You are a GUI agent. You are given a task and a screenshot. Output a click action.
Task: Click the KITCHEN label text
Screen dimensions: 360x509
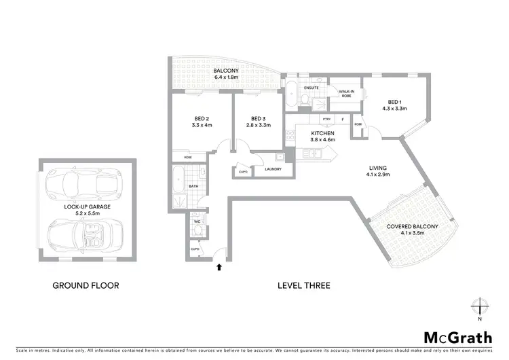(x=323, y=133)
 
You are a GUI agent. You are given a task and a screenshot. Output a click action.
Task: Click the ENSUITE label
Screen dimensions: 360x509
(x=312, y=88)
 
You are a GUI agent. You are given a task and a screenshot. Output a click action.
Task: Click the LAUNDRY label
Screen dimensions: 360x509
(x=274, y=169)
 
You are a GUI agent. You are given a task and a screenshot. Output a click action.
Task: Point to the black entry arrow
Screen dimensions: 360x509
(x=218, y=268)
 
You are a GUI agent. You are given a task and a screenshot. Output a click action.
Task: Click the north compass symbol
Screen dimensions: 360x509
(x=480, y=306)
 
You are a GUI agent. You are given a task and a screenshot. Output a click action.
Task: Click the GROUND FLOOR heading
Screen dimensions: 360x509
(x=86, y=286)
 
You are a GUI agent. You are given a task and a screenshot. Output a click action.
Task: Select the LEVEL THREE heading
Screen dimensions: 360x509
(x=304, y=286)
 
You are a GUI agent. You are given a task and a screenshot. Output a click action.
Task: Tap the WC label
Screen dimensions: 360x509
(x=196, y=221)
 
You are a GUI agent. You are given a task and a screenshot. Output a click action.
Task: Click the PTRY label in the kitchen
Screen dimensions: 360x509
(x=326, y=120)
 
